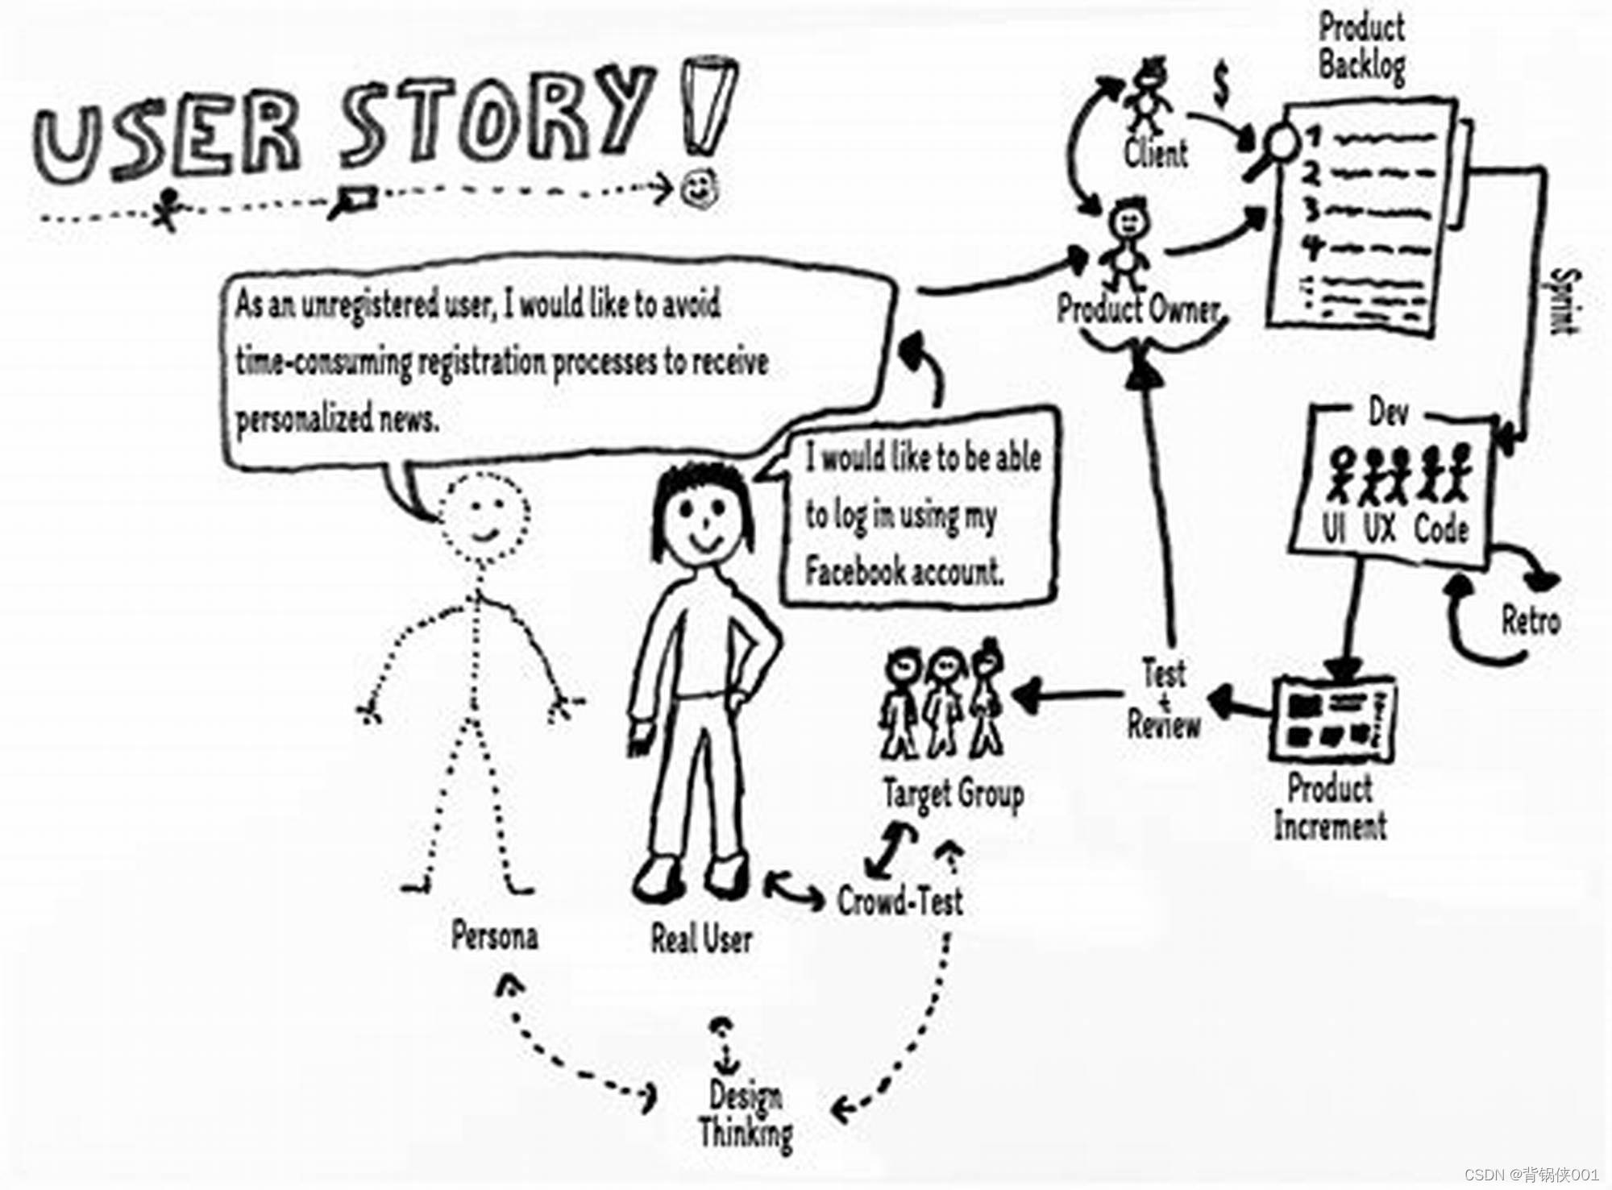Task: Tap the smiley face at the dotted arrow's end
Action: pos(698,189)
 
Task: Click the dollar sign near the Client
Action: pos(1222,85)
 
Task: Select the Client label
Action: pos(1156,153)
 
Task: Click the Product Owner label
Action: pos(1138,309)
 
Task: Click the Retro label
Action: pos(1531,621)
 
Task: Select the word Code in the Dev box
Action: pos(1441,529)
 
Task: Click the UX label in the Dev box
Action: pos(1379,529)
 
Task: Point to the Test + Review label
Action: pos(1164,699)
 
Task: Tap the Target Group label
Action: pos(953,794)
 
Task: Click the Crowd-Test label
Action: pos(899,901)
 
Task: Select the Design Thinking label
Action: pos(746,1113)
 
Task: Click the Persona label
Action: pos(494,936)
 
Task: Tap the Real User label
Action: pos(701,939)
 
